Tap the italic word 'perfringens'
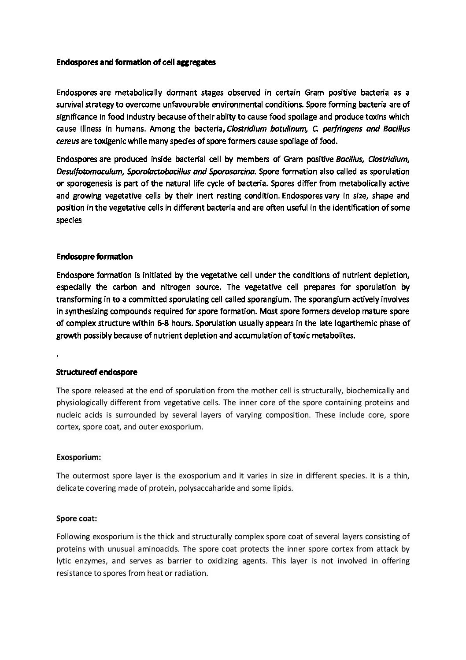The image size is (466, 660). (x=340, y=129)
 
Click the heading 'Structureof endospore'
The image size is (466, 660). (x=97, y=372)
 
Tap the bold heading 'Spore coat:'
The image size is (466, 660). (x=77, y=519)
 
